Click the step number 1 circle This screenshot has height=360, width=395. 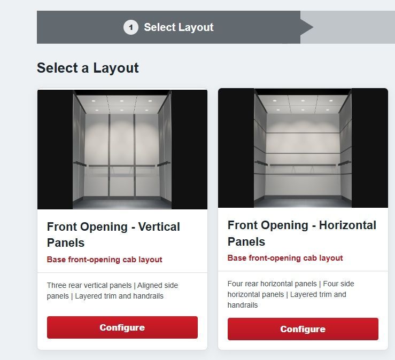click(x=131, y=27)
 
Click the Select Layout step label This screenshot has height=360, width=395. click(x=179, y=27)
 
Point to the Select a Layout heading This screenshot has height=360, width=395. click(x=88, y=68)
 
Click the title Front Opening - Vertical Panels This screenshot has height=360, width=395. click(x=113, y=234)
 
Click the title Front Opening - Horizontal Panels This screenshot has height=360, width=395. click(x=302, y=233)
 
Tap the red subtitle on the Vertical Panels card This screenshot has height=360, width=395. click(x=105, y=260)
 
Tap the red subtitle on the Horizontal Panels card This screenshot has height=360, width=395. click(x=285, y=258)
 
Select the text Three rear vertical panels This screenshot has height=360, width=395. click(x=89, y=285)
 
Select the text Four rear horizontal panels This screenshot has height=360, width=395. click(x=272, y=284)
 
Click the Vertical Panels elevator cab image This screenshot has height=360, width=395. click(x=122, y=150)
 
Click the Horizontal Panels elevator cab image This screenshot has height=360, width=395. click(x=303, y=148)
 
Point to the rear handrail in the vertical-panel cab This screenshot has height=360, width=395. click(x=121, y=166)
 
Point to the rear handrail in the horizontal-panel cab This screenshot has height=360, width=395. click(x=303, y=165)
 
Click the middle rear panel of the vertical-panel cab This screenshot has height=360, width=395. click(x=122, y=155)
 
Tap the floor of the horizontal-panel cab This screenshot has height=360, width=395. click(x=303, y=202)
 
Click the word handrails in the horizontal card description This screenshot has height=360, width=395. click(x=243, y=305)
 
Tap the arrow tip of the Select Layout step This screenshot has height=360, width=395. click(x=313, y=27)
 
